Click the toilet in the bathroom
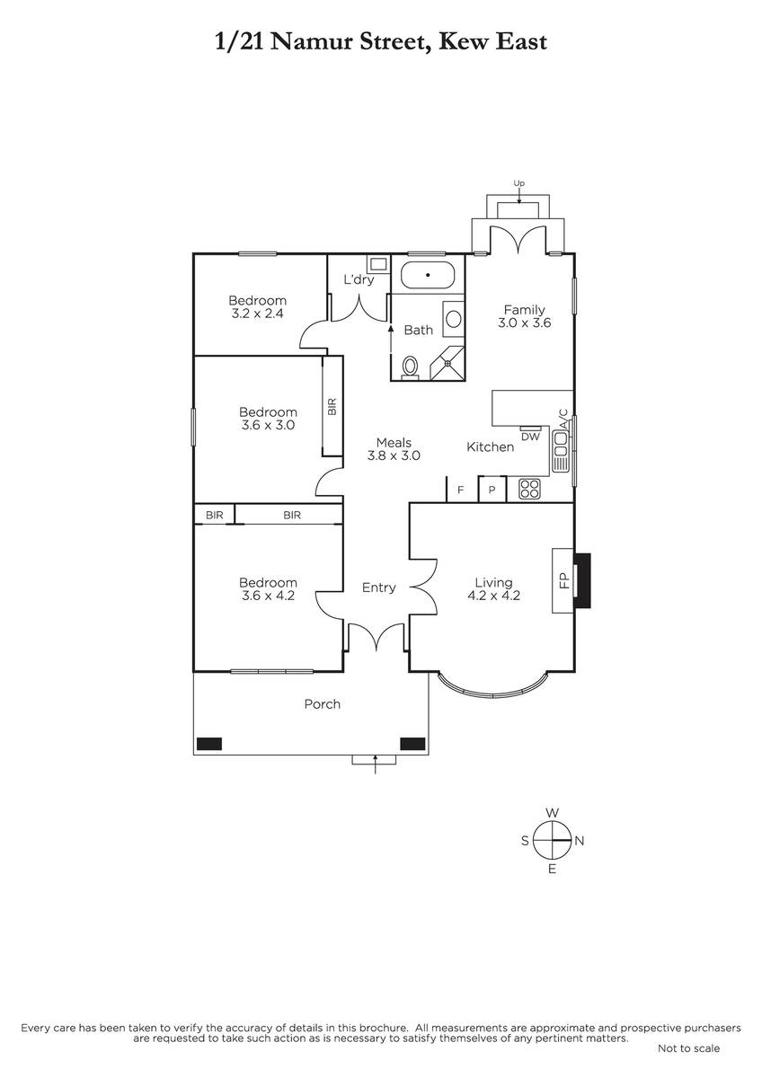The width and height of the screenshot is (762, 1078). click(x=410, y=367)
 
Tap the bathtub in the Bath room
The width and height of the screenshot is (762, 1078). click(x=428, y=275)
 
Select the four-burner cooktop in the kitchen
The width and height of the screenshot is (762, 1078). click(x=529, y=489)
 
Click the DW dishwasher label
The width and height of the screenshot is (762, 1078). click(x=530, y=437)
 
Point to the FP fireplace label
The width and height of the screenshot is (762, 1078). click(x=564, y=581)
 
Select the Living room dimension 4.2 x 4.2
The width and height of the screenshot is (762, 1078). click(x=494, y=596)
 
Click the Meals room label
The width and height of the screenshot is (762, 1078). click(x=394, y=442)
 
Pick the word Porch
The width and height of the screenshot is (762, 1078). click(x=322, y=704)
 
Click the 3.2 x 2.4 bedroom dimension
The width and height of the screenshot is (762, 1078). click(x=257, y=314)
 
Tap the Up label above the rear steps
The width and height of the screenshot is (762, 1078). click(x=518, y=183)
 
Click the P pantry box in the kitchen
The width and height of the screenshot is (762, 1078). click(x=492, y=490)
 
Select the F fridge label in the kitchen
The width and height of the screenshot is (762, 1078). click(x=461, y=490)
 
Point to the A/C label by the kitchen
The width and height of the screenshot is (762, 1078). click(x=563, y=418)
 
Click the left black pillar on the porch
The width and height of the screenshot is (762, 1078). click(x=209, y=744)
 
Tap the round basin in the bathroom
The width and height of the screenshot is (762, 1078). click(x=454, y=319)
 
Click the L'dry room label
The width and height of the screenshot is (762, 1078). click(x=359, y=279)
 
